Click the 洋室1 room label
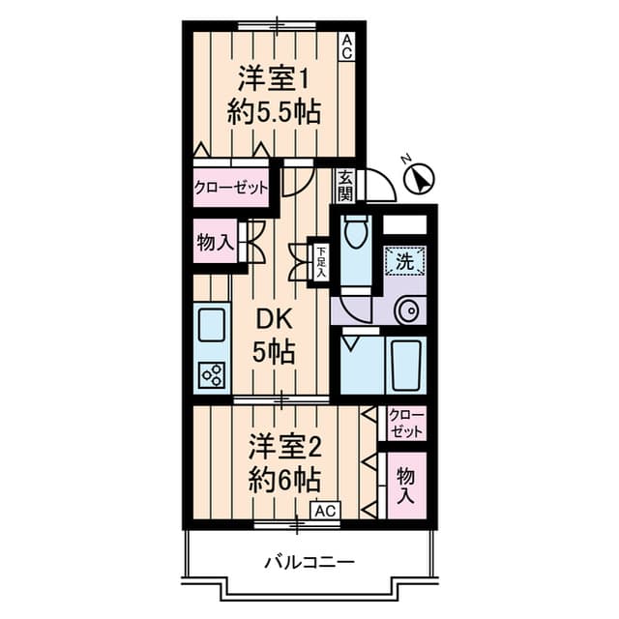(274, 80)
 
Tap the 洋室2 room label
(285, 451)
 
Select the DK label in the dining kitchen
(274, 319)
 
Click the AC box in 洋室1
(347, 47)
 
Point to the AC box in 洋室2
(326, 511)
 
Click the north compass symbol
(420, 179)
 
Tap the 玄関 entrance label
(346, 186)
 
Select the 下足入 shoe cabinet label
(321, 262)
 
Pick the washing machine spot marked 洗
(405, 261)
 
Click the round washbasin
(410, 310)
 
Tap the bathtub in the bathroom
(405, 366)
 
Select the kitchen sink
(213, 325)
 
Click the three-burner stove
(212, 375)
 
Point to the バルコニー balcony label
(309, 561)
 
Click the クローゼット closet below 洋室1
(231, 188)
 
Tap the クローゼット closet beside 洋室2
(406, 424)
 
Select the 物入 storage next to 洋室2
(406, 486)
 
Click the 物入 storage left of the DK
(216, 242)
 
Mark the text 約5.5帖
(274, 114)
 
